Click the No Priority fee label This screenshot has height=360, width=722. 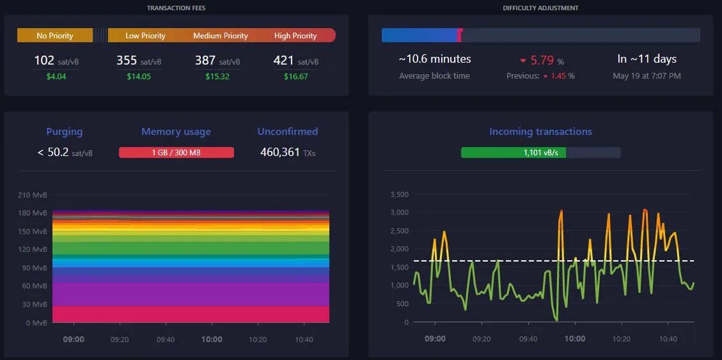(x=55, y=36)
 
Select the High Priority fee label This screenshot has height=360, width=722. (x=295, y=36)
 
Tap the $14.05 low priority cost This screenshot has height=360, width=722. (x=138, y=77)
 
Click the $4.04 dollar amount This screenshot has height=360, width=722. (x=56, y=77)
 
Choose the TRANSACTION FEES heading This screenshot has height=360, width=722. (x=176, y=8)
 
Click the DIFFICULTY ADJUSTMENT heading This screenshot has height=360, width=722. (x=540, y=8)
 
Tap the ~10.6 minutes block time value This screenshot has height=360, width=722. (x=434, y=59)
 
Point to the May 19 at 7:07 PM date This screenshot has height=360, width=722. (x=647, y=76)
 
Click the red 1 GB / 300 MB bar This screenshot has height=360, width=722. (x=176, y=153)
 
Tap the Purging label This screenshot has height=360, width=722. (x=64, y=132)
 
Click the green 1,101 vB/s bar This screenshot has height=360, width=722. (x=514, y=153)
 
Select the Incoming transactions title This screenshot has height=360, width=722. (x=540, y=132)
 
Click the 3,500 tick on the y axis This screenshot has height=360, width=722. (x=398, y=194)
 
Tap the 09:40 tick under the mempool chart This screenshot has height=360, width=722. (x=166, y=340)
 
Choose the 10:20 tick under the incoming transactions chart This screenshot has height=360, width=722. (x=621, y=339)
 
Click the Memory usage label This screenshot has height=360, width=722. (x=176, y=132)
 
